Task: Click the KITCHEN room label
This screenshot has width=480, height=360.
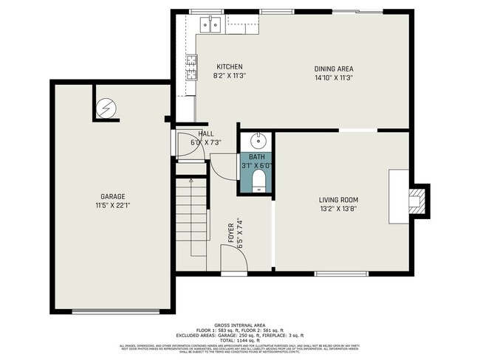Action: (229, 67)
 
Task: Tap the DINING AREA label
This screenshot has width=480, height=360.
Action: (335, 67)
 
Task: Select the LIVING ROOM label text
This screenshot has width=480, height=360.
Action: (338, 199)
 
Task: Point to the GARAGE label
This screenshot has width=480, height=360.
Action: (113, 196)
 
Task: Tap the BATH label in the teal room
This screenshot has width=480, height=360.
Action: (256, 157)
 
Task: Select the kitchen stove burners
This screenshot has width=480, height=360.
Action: (191, 67)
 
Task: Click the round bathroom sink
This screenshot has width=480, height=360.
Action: (258, 140)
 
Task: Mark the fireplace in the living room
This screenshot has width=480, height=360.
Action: (417, 200)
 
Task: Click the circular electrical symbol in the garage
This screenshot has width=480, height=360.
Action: (107, 108)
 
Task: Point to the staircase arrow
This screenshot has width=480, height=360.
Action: (191, 180)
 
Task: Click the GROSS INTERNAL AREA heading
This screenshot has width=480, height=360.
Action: (239, 325)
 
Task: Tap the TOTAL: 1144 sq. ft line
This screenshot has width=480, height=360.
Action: (239, 340)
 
